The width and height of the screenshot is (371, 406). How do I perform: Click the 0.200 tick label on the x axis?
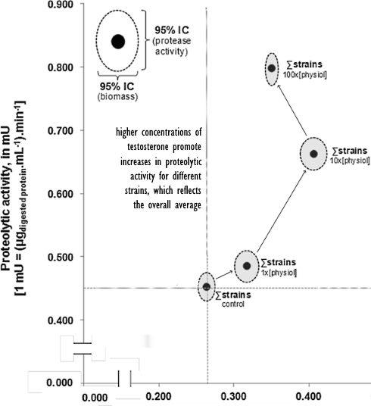tap(158, 396)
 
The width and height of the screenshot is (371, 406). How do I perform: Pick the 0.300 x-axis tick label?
tap(233, 396)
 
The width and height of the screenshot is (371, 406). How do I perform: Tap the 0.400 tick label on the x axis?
tap(309, 396)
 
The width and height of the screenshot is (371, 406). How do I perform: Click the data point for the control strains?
tap(207, 286)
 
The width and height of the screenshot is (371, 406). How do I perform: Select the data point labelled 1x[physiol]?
tap(247, 266)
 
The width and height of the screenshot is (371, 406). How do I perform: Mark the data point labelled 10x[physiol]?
tap(313, 154)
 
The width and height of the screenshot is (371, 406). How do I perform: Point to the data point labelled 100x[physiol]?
tap(272, 68)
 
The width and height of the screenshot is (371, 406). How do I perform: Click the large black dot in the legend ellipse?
tap(118, 42)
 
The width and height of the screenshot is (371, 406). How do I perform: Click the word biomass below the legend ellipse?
tap(117, 97)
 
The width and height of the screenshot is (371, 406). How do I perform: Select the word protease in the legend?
tap(173, 41)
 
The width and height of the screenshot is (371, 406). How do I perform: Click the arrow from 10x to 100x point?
tap(292, 111)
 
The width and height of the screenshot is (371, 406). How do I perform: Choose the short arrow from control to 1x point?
tap(224, 275)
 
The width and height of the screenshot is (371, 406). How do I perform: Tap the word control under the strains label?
tap(233, 304)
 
